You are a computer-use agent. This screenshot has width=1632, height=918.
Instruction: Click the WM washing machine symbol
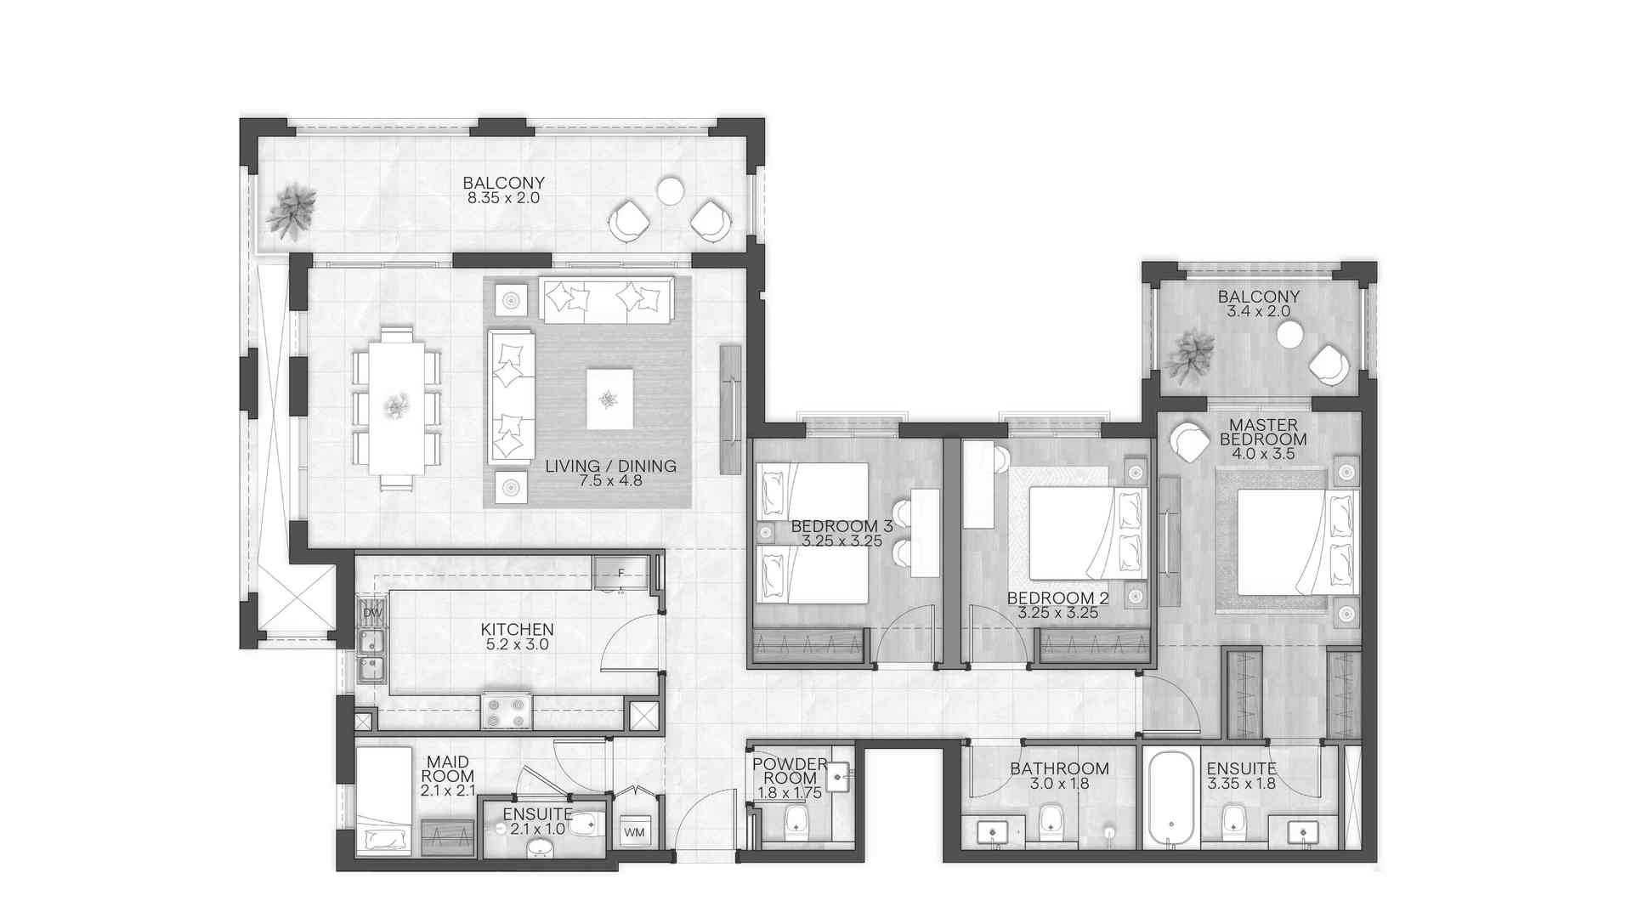(634, 832)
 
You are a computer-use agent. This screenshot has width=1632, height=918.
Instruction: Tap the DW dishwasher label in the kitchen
(372, 612)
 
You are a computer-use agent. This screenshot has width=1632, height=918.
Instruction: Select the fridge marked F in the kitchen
(620, 572)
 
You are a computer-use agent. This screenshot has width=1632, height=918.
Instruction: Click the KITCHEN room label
(517, 630)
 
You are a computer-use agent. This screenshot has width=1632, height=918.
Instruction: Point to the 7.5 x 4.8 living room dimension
(610, 481)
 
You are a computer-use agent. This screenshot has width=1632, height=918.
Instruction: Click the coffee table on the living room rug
(609, 399)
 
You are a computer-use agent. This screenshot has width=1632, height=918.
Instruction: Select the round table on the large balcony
(671, 190)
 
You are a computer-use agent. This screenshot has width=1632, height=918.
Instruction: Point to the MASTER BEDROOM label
(1263, 432)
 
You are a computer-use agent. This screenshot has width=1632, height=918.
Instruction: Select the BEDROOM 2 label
(1058, 598)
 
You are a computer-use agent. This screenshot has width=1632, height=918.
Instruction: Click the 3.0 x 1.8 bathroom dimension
(1059, 784)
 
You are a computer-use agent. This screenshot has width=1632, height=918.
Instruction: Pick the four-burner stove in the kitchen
(507, 711)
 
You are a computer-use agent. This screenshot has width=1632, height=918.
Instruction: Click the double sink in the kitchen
(371, 655)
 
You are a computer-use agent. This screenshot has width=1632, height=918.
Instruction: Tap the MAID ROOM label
(447, 769)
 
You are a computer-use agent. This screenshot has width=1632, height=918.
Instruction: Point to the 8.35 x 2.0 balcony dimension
(503, 198)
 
